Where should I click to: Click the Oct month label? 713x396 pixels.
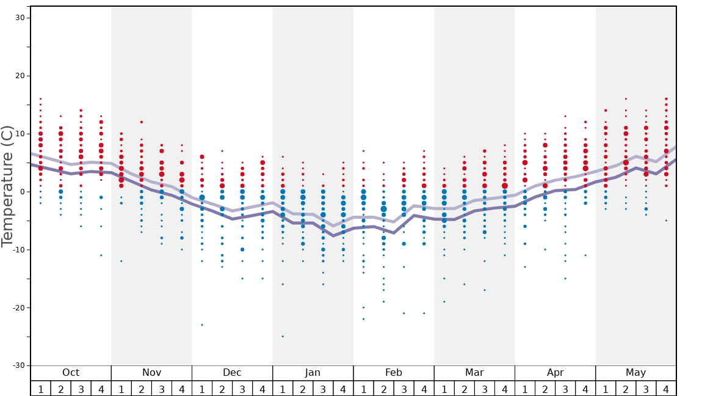(x=71, y=373)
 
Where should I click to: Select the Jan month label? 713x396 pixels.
(x=313, y=373)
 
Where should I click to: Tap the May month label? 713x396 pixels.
(x=635, y=373)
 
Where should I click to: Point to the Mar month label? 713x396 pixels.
(x=474, y=373)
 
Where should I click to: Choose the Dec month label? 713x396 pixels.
(x=232, y=373)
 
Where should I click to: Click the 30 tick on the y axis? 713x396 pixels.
(x=20, y=18)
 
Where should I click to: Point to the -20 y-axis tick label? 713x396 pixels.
(x=18, y=308)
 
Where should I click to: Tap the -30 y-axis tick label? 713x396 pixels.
(x=18, y=366)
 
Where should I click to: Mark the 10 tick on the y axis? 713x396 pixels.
(x=20, y=134)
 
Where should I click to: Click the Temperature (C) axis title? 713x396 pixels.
(x=7, y=186)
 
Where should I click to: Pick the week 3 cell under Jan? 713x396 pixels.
(x=323, y=389)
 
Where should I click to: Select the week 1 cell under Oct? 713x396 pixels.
(x=40, y=389)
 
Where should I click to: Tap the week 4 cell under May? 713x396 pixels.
(x=666, y=389)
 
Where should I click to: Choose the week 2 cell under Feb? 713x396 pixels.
(x=383, y=389)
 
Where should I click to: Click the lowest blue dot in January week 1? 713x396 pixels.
(x=283, y=337)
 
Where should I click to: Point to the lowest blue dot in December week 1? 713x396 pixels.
(x=202, y=325)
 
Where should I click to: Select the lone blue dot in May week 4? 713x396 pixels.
(x=666, y=221)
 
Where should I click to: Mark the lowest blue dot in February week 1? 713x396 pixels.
(x=363, y=319)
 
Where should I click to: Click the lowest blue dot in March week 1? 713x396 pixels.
(x=444, y=302)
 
